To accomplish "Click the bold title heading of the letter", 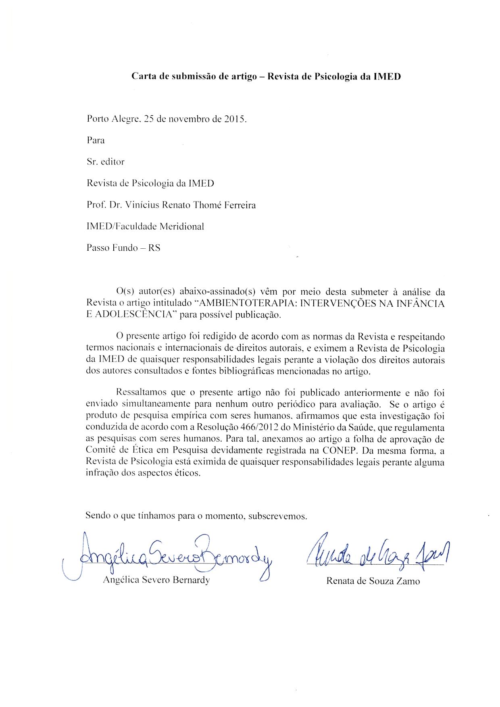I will [x=266, y=76].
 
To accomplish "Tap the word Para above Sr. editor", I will [x=96, y=141].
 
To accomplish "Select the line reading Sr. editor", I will [x=105, y=162].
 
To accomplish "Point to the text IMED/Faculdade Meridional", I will [x=145, y=226].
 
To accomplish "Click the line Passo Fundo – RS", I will [x=123, y=247].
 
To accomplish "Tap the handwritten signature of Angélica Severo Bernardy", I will [x=169, y=557].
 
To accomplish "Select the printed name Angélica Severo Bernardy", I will [x=156, y=580].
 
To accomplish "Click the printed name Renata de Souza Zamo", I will [x=373, y=581].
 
